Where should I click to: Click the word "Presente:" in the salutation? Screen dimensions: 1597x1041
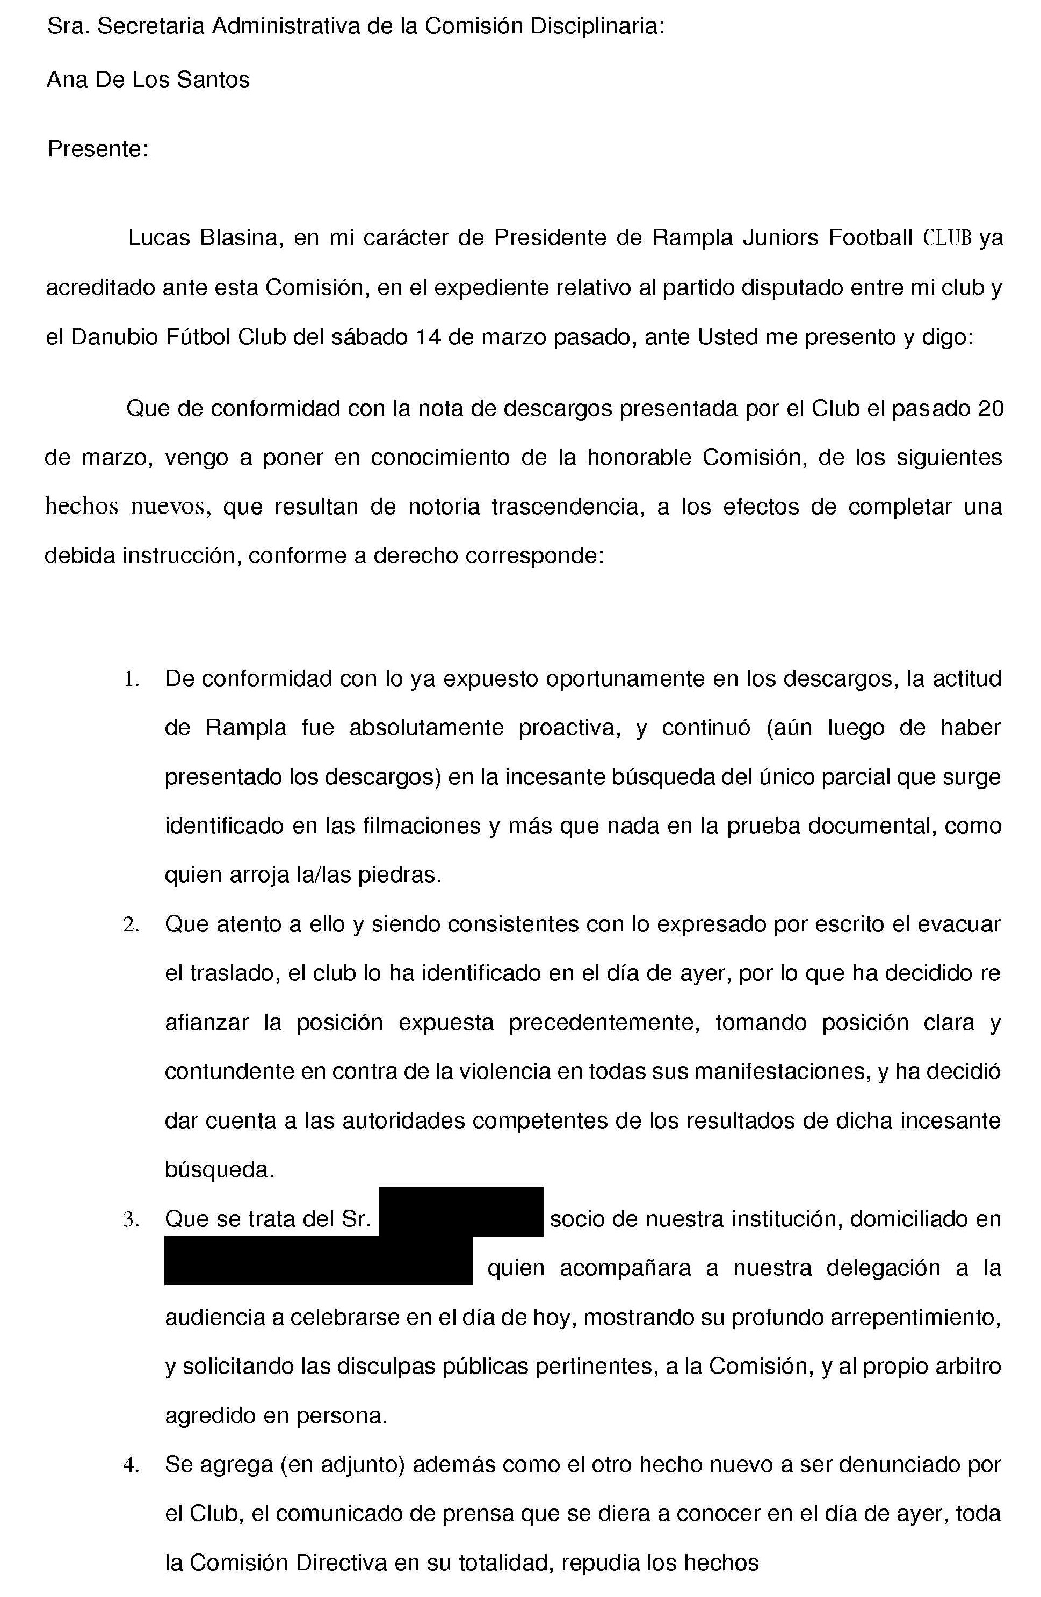[x=97, y=149]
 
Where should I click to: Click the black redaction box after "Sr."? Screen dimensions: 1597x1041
[x=460, y=1211]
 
